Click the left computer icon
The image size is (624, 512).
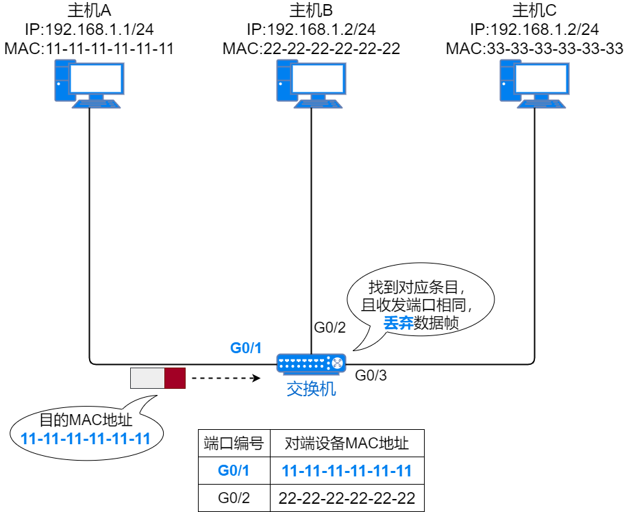(89, 83)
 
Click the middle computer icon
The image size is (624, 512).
(310, 83)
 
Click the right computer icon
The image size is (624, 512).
(534, 83)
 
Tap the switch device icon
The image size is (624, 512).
(311, 363)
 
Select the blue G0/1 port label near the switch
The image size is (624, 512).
(247, 348)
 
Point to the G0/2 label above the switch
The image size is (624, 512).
(329, 328)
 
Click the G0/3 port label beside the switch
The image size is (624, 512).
(371, 375)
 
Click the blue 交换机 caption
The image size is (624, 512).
(311, 389)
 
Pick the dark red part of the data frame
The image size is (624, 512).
(175, 378)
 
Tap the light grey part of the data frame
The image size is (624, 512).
(148, 378)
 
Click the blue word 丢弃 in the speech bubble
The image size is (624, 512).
(398, 323)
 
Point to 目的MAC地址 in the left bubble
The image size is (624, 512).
(86, 420)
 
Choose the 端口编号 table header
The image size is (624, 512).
(234, 444)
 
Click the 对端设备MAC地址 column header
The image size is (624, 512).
(347, 444)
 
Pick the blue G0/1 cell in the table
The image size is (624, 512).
(234, 471)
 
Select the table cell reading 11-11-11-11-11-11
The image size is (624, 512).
(347, 471)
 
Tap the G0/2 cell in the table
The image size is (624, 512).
(234, 498)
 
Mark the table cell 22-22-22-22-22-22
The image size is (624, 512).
(347, 498)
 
